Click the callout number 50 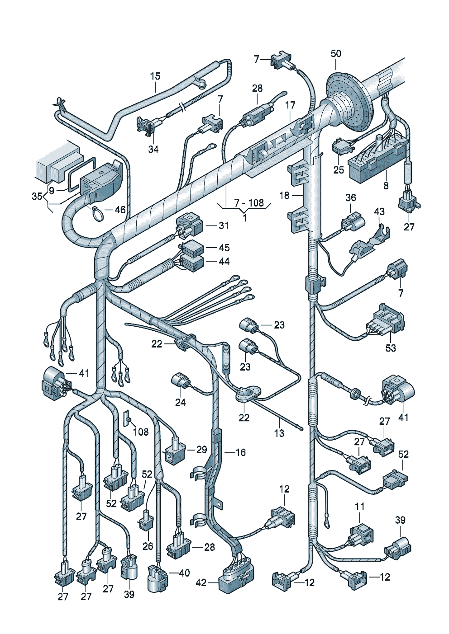pyautogui.click(x=336, y=53)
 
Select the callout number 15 pyautogui.click(x=155, y=76)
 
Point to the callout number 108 pyautogui.click(x=141, y=432)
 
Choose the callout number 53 pyautogui.click(x=390, y=348)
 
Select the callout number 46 pyautogui.click(x=120, y=210)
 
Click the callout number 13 pyautogui.click(x=279, y=433)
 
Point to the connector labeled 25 pyautogui.click(x=343, y=146)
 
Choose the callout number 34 pyautogui.click(x=153, y=149)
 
